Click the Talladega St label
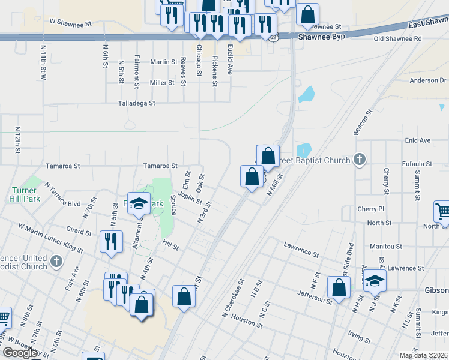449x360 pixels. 136,103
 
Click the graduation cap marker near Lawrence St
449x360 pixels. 375,280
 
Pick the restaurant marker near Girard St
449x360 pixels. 111,242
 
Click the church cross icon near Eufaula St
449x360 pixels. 359,160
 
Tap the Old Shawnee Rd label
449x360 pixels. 397,38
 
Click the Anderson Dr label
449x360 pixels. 428,80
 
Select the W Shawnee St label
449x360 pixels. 70,23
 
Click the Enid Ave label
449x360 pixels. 418,140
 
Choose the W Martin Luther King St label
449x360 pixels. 50,238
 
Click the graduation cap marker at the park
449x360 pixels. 139,205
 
